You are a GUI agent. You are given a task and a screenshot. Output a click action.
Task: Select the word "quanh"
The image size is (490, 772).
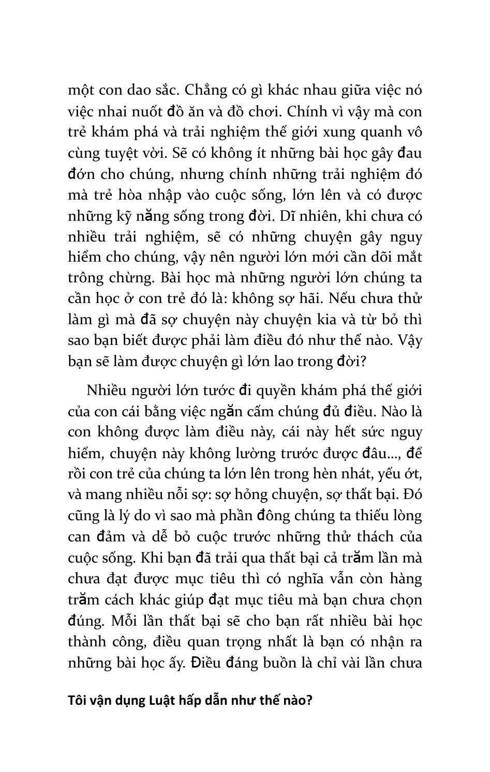382,132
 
